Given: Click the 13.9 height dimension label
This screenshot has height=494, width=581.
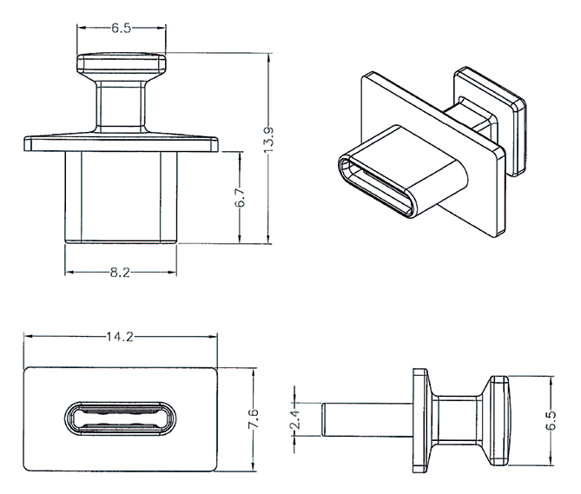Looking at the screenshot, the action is point(269,140).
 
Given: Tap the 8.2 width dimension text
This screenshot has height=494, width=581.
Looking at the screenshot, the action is point(120,273).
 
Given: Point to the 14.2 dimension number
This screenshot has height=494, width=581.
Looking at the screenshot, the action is point(120,337).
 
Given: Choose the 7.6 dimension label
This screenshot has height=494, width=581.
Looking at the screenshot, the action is point(254,418).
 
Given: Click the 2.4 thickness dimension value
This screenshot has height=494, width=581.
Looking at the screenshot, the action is point(295,419).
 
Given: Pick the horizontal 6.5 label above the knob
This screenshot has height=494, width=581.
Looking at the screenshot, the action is point(122,28).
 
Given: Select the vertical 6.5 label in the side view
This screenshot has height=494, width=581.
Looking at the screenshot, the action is point(551,420).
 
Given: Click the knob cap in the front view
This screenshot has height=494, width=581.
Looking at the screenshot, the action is point(122,63).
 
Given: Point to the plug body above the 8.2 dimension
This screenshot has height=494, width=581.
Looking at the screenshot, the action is point(121,197).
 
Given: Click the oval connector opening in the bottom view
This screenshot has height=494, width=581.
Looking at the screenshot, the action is point(120,419).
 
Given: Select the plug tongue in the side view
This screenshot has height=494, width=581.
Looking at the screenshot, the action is point(366,419).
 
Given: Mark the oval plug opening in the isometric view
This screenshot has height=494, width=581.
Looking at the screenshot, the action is point(376,187).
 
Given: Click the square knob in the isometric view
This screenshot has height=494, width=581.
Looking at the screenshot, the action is point(490,121).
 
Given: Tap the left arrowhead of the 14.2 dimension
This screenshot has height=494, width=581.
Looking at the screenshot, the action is point(28,336).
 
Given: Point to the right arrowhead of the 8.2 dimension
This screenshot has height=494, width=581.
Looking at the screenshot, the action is point(172,273).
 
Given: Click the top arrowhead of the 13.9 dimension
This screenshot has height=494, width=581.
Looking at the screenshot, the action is point(269,57).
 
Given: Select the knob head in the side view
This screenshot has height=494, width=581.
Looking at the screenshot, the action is point(499,420).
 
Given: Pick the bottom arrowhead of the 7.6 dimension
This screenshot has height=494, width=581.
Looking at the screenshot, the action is point(254,466).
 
